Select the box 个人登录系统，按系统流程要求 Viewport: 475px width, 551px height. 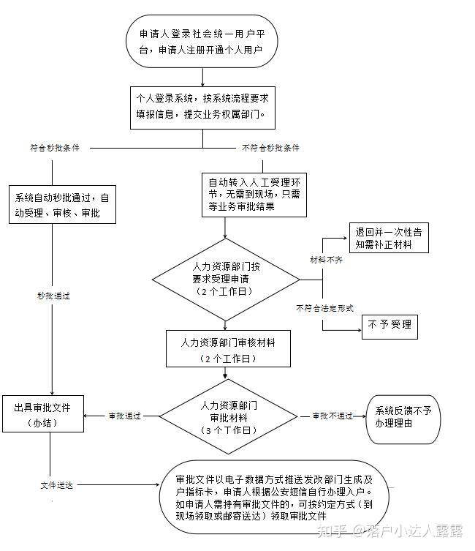(202, 108)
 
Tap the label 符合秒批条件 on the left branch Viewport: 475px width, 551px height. (55, 148)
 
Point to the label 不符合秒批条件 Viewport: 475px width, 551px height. (270, 148)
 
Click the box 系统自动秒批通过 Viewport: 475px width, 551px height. (62, 204)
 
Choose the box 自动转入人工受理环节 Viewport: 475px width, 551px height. (254, 195)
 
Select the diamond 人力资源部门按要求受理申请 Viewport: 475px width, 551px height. (226, 280)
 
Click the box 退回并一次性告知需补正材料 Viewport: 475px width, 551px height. (389, 238)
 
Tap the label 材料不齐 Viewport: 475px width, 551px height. (326, 260)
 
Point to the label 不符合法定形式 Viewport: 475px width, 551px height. (324, 308)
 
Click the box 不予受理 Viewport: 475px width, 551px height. (389, 326)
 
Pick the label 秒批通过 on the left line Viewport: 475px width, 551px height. (53, 296)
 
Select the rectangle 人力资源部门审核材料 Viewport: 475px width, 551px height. (229, 348)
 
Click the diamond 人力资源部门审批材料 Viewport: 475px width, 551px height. (229, 416)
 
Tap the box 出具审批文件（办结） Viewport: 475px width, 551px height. (43, 413)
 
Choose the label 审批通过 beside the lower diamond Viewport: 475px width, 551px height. (124, 416)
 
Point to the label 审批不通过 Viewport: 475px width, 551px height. (332, 416)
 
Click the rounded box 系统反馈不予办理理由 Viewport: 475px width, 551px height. (403, 419)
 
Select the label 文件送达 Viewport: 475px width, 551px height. (56, 485)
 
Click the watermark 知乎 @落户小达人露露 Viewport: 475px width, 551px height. (389, 531)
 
